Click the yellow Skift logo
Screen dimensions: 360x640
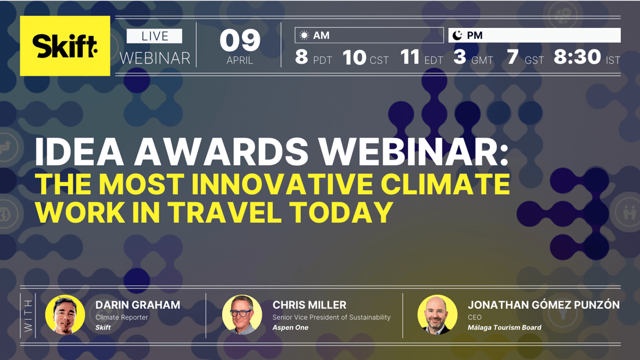[x=65, y=46]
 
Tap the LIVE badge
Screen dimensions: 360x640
[x=154, y=36]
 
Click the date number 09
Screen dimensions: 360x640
[x=240, y=41]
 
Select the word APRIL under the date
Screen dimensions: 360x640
[x=240, y=60]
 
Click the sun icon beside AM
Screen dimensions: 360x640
[x=304, y=35]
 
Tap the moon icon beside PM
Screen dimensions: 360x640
[x=457, y=35]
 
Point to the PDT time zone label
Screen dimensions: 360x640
[x=323, y=60]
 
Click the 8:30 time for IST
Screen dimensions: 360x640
[x=577, y=57]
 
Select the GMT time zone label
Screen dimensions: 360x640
[x=482, y=60]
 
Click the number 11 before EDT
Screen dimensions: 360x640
[x=410, y=57]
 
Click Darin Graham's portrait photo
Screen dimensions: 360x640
[x=65, y=315]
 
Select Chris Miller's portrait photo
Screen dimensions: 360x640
[x=242, y=315]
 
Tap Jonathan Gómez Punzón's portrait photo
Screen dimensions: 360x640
[x=438, y=315]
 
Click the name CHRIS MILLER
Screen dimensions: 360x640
[x=309, y=305]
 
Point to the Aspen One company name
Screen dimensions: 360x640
[x=290, y=327]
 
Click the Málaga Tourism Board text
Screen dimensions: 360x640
[x=504, y=327]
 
